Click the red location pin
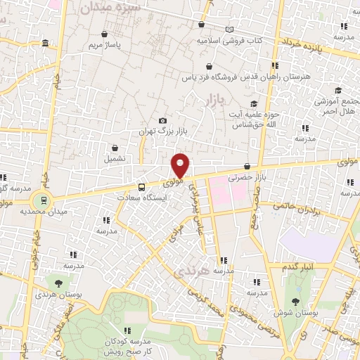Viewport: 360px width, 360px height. coord(181,165)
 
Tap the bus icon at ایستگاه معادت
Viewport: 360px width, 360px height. coord(141,187)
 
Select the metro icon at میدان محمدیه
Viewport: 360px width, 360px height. coord(44,200)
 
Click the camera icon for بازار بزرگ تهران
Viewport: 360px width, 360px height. coord(163,120)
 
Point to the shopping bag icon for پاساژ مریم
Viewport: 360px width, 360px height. coord(105,34)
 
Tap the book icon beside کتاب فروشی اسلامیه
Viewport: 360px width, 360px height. coord(229,30)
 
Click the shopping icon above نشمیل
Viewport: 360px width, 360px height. coord(115,148)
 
